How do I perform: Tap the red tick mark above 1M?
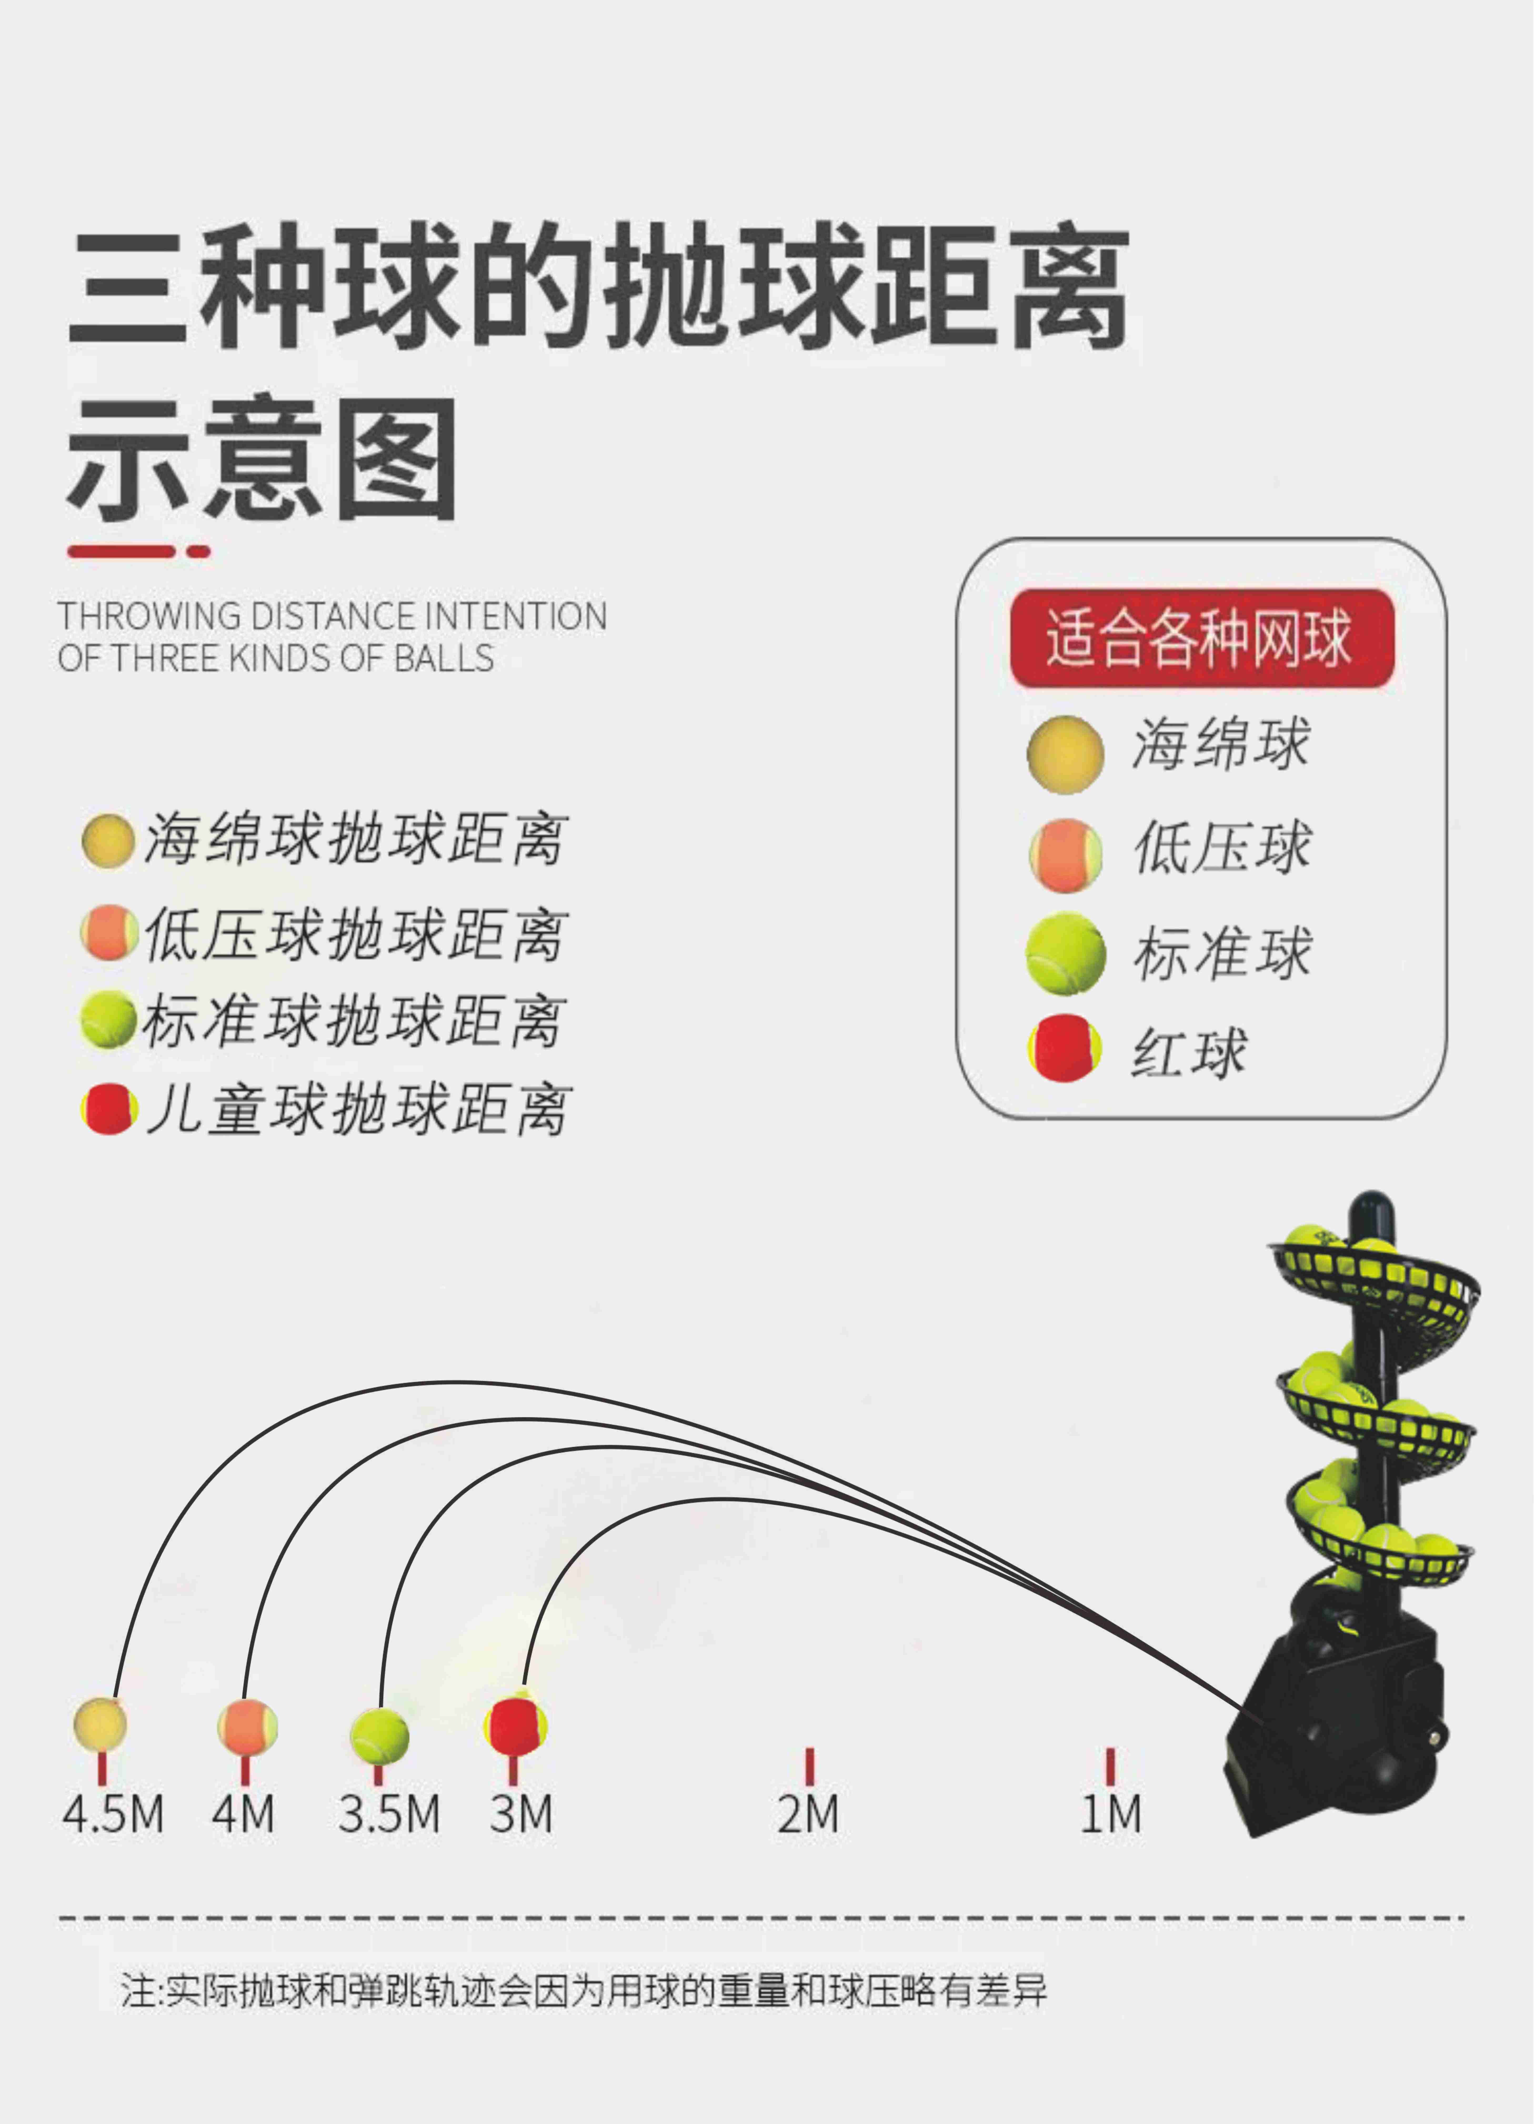1111,1765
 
